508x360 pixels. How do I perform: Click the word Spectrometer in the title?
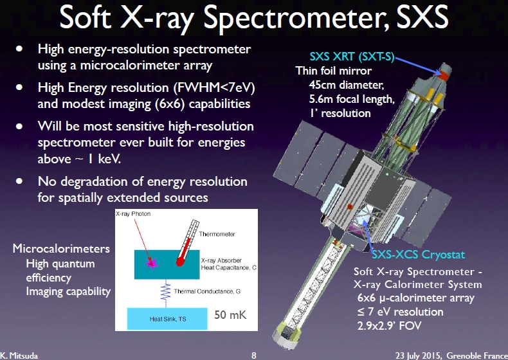296,19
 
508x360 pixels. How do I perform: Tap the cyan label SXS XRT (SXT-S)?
352,57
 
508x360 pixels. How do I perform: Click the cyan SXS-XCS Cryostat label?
418,255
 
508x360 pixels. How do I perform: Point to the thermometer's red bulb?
180,261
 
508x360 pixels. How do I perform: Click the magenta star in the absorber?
152,263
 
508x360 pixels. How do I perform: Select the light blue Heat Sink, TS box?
167,319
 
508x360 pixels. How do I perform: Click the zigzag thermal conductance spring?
165,292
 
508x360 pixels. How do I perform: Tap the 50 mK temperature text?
230,314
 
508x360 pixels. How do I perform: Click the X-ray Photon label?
133,214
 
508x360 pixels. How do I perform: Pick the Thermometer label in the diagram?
217,234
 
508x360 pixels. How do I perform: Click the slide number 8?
254,355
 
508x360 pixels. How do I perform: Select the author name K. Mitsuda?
19,355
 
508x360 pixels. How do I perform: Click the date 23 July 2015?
418,355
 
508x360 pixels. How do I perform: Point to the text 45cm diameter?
347,85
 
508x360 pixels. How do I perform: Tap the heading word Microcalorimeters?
61,249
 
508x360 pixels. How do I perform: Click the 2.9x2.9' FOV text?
389,325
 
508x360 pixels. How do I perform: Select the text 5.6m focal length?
352,99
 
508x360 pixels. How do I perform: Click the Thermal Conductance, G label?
207,291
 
